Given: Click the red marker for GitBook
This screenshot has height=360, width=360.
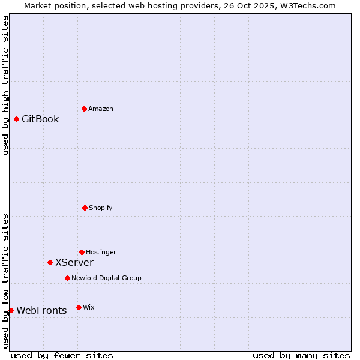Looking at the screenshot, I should pyautogui.click(x=16, y=119).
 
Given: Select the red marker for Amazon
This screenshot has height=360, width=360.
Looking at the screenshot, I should pyautogui.click(x=84, y=109).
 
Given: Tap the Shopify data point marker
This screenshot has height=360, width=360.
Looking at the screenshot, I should pyautogui.click(x=85, y=208).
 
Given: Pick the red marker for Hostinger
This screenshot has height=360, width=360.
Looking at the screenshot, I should pyautogui.click(x=82, y=252).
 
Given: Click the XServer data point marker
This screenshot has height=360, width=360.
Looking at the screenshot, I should pyautogui.click(x=50, y=262).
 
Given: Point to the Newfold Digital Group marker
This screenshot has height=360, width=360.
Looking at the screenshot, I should pyautogui.click(x=67, y=278).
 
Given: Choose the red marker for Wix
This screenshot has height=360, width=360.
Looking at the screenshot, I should pyautogui.click(x=79, y=307).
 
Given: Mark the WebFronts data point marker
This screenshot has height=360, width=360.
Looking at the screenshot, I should pyautogui.click(x=11, y=310).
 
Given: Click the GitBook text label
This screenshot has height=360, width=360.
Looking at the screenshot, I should pyautogui.click(x=40, y=119).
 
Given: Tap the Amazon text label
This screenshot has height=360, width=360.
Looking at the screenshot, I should pyautogui.click(x=101, y=109).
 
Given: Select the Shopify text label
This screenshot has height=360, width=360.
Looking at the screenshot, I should pyautogui.click(x=101, y=208).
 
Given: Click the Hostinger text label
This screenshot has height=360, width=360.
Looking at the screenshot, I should pyautogui.click(x=101, y=252).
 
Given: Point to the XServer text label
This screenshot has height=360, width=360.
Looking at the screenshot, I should pyautogui.click(x=74, y=262).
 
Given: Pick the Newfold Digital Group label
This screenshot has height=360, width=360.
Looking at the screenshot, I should pyautogui.click(x=106, y=278).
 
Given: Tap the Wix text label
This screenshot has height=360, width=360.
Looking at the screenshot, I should pyautogui.click(x=89, y=307).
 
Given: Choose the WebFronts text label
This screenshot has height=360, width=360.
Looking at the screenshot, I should pyautogui.click(x=41, y=310).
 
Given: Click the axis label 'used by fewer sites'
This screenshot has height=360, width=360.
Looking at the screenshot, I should pyautogui.click(x=62, y=355).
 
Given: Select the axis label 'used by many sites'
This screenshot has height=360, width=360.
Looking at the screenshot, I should pyautogui.click(x=301, y=355).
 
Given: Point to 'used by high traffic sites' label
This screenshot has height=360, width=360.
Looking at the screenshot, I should pyautogui.click(x=5, y=85).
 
